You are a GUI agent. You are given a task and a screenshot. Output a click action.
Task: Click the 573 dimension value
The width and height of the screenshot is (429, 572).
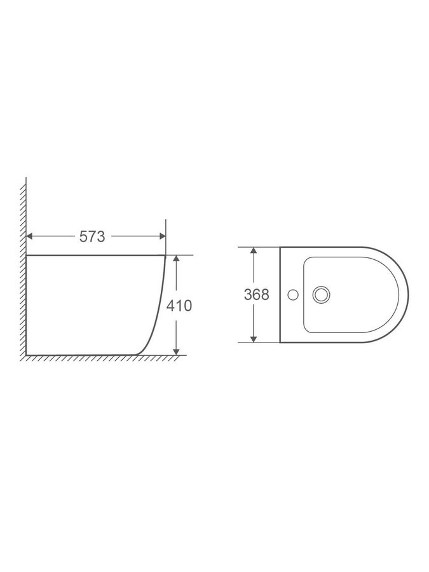coord(92,237)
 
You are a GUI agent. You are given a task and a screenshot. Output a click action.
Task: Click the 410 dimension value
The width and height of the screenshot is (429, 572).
coord(179,306)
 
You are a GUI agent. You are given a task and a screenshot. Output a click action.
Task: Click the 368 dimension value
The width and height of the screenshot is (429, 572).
coord(257,295)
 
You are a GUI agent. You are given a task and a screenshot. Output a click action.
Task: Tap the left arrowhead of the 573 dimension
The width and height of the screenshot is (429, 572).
coord(30,236)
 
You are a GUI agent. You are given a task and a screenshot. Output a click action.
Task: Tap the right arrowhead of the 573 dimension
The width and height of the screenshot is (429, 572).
coord(162,236)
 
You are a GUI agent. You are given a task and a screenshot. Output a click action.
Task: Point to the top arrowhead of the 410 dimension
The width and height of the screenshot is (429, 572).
coord(176,259)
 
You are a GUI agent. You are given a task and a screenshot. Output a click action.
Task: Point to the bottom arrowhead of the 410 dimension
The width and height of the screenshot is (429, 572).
coord(176,351)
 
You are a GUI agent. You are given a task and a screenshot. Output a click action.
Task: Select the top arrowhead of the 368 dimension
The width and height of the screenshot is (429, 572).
coord(253,250)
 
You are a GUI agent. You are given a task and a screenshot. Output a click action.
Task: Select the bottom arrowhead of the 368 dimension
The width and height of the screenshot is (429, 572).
coord(253,339)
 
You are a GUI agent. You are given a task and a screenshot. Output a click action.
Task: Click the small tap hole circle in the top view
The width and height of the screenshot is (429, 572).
coord(292,295)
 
